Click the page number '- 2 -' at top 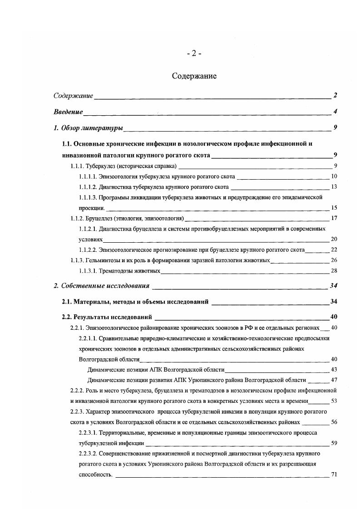tap(194, 54)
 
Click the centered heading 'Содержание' tap(194, 76)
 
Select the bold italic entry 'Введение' tap(68, 112)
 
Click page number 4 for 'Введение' tap(335, 112)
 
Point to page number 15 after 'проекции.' tap(334, 208)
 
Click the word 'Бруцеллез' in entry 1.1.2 tap(100, 218)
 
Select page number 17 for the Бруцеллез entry tap(334, 218)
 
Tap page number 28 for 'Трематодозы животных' tap(334, 271)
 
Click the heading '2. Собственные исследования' tap(101, 286)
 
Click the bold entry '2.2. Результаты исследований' tap(106, 317)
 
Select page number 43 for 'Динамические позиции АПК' tap(334, 369)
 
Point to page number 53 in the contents tap(334, 401)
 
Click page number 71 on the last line tap(334, 475)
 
